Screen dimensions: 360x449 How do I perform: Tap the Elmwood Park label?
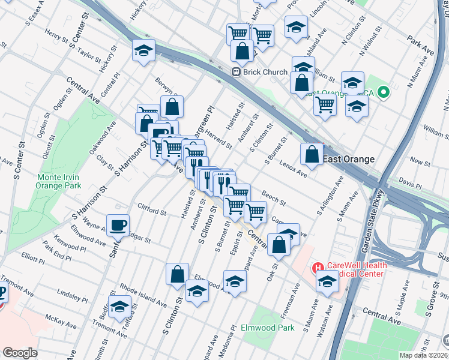pos(267,328)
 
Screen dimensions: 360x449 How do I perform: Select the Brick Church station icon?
pos(237,72)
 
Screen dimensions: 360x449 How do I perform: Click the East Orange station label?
pos(349,159)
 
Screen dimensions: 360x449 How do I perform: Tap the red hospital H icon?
pos(317,266)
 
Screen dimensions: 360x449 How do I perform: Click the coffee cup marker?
pos(118,226)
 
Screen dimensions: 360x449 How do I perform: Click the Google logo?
pos(20,353)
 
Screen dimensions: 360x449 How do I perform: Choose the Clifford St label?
pos(151,212)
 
